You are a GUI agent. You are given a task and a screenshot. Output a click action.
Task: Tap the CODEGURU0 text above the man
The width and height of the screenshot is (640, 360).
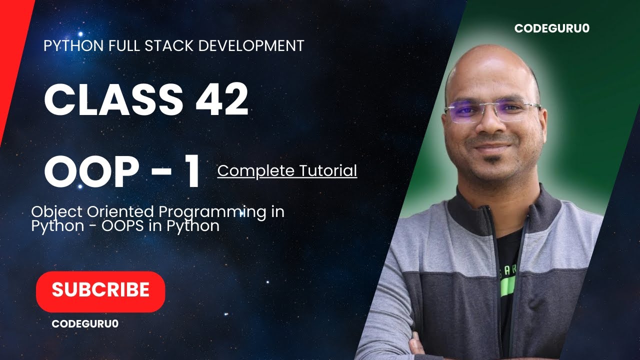coord(551,28)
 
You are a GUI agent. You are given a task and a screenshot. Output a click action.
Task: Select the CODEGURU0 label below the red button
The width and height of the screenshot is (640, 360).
coord(85,323)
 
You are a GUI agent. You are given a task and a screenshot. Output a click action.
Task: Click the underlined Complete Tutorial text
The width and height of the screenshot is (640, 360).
coord(287,171)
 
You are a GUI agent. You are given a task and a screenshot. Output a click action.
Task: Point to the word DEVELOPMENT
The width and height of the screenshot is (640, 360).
coord(251,46)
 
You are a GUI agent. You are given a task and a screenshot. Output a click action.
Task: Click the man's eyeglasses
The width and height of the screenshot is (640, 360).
coord(492,111)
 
